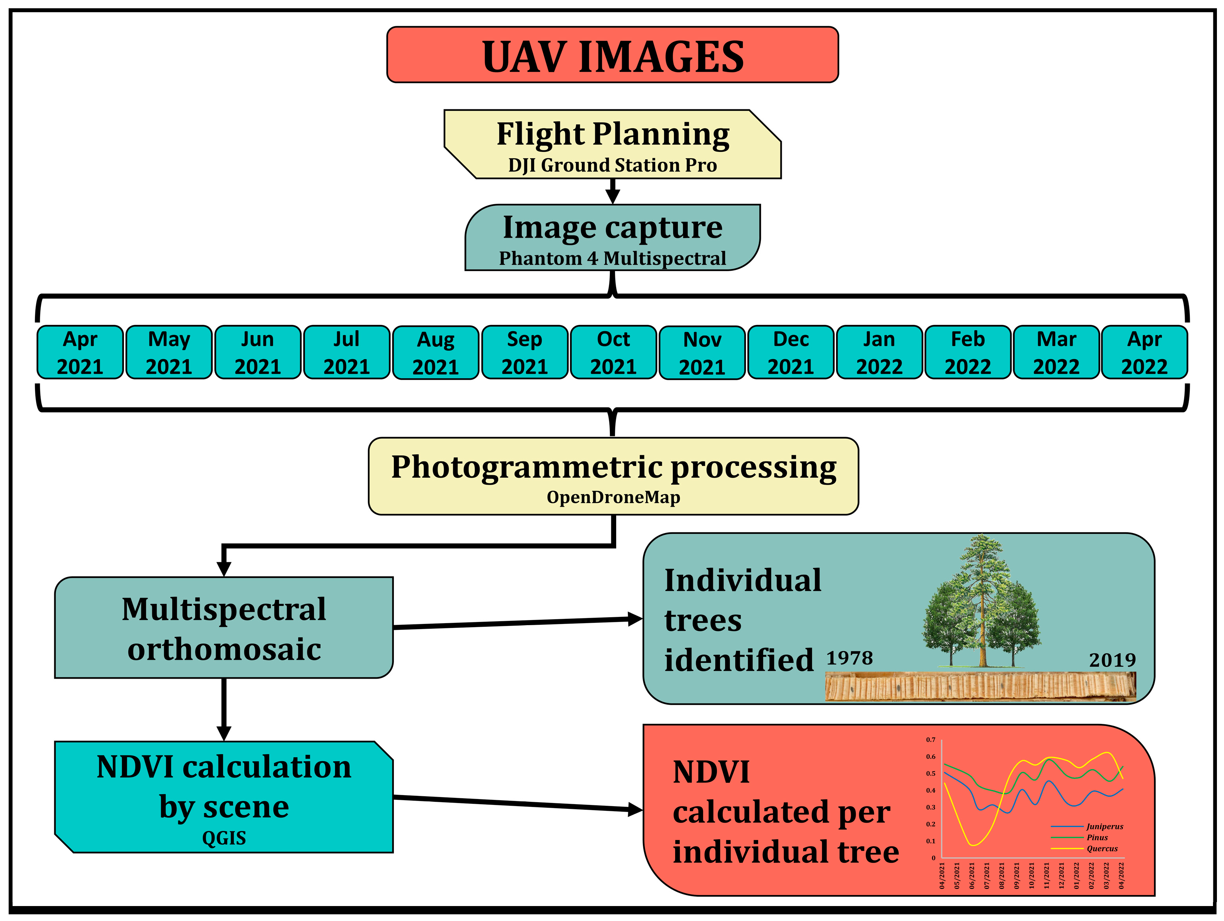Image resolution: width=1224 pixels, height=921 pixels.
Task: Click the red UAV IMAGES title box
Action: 613,55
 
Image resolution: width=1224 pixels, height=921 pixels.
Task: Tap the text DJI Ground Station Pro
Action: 613,165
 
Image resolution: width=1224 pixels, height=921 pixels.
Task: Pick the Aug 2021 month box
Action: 436,353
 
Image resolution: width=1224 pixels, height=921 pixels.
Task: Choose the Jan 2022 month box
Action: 879,353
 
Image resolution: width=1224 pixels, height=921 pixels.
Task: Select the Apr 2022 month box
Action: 1144,353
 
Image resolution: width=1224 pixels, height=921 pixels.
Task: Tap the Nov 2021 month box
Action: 702,353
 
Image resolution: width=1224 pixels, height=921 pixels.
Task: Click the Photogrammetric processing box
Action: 613,476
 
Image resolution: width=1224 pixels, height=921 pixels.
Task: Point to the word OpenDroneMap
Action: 613,497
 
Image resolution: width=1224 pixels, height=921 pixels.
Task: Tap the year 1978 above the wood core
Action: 849,658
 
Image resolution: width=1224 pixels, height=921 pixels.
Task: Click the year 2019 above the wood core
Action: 1112,660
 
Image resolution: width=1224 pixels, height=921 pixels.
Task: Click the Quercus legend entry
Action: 1102,849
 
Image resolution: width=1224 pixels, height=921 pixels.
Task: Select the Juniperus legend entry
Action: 1104,827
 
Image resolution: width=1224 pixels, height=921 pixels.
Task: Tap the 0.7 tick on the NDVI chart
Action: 931,740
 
